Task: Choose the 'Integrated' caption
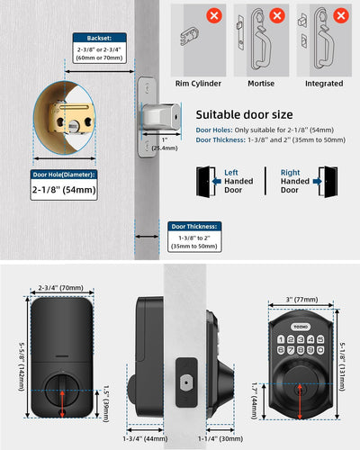pos(323,83)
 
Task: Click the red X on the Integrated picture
pos(340,15)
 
